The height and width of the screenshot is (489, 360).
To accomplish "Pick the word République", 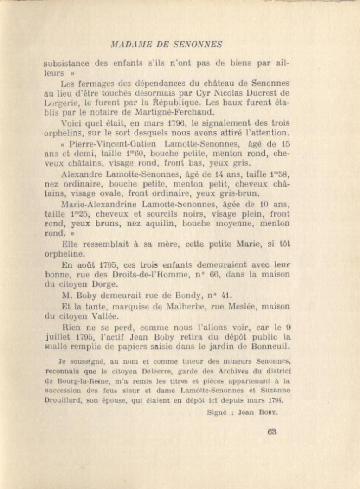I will coord(156,103).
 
